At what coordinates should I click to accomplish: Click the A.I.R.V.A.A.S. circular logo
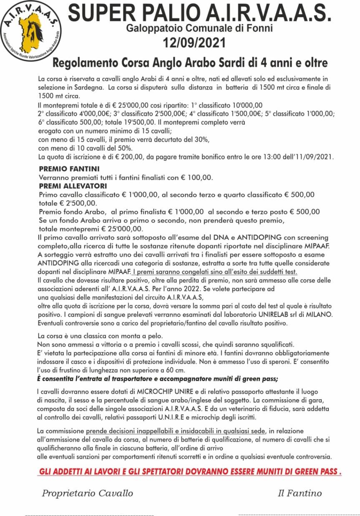point(30,30)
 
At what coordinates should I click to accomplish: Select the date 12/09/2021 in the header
point(194,42)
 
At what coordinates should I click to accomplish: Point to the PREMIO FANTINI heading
point(69,169)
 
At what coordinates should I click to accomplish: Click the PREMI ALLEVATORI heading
point(73,186)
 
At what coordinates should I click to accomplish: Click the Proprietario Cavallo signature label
point(87,493)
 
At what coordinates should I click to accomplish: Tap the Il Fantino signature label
point(300,493)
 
